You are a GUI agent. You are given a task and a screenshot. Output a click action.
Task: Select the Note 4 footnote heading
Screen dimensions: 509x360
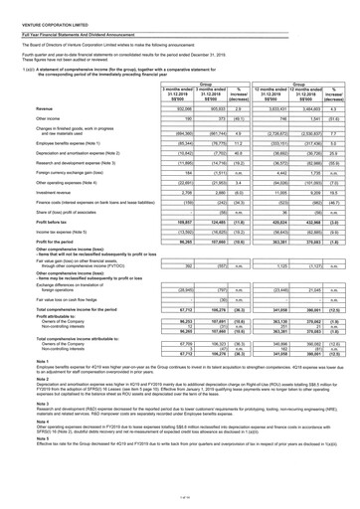(x=11, y=463)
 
